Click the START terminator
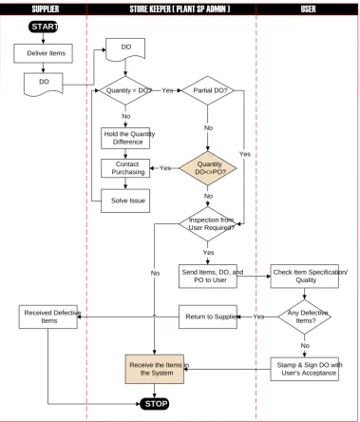tap(44, 27)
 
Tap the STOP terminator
tap(155, 404)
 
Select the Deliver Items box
tap(43, 53)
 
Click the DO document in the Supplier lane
tap(44, 84)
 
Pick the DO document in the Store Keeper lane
tap(125, 49)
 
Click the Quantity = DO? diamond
tap(125, 90)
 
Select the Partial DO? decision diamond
tap(208, 90)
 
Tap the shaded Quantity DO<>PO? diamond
tap(208, 168)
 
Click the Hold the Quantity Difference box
tap(125, 138)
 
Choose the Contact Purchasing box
tap(125, 168)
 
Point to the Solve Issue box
tap(125, 201)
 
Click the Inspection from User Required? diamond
tap(208, 224)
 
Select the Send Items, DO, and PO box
tap(208, 277)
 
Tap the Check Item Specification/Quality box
tap(304, 277)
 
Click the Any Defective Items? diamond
tap(304, 316)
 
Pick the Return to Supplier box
tap(208, 316)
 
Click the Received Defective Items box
tap(48, 316)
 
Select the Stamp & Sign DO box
tap(304, 369)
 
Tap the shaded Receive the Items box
tap(155, 369)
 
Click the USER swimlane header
tap(308, 10)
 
